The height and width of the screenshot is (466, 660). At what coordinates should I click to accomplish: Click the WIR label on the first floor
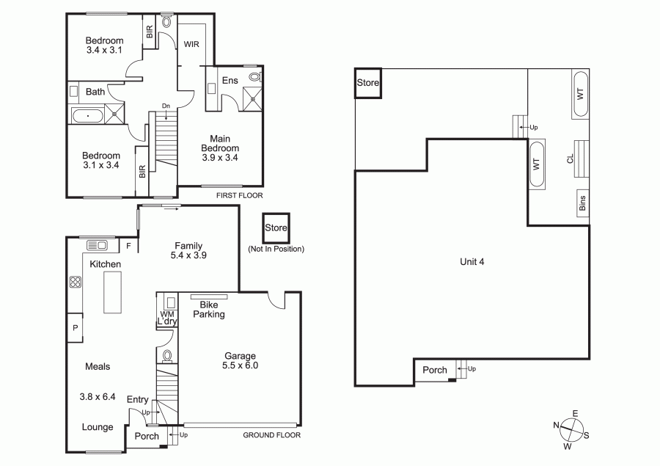tap(191, 44)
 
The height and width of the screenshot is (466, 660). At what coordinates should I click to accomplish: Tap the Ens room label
tap(230, 81)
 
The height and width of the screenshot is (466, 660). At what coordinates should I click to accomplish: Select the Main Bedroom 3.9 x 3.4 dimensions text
tap(220, 158)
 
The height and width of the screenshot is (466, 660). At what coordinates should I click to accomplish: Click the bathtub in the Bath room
tap(87, 115)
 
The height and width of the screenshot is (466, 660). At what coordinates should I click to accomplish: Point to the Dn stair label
tap(166, 106)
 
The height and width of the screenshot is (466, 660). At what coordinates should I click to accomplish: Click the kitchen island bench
tap(113, 292)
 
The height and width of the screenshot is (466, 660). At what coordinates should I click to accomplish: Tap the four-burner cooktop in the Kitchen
tap(76, 282)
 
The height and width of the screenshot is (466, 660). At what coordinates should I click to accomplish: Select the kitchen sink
tap(98, 245)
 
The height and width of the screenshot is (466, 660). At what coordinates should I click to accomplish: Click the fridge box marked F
tap(129, 246)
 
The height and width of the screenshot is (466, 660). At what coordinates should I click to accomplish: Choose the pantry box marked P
tap(76, 327)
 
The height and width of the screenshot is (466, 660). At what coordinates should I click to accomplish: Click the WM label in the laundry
tap(166, 314)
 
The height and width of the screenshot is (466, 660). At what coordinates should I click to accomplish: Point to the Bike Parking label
tap(209, 309)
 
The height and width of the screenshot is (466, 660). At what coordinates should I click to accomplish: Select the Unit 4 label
tap(472, 262)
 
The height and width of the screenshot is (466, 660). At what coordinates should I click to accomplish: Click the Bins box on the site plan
tap(582, 203)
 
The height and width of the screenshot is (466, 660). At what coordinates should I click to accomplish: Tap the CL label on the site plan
tap(570, 159)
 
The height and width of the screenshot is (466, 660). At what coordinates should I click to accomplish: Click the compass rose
tap(571, 429)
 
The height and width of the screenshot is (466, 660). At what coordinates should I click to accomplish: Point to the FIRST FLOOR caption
tap(240, 195)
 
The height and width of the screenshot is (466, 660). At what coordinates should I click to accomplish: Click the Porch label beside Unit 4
tap(435, 370)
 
